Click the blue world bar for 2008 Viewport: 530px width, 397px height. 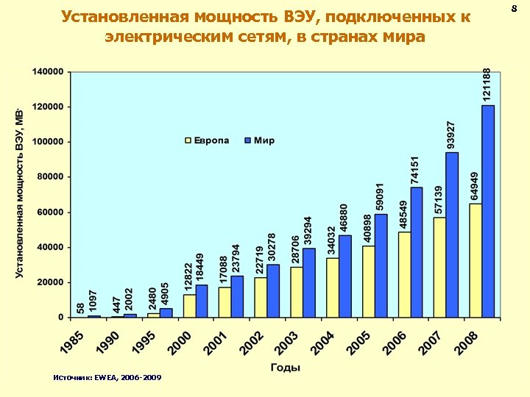488,211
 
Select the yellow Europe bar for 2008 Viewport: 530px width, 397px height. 476,260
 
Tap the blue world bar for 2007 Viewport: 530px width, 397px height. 452,235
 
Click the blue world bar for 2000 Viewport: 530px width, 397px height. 201,301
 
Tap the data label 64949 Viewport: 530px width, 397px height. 476,185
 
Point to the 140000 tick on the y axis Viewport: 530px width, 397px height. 46,72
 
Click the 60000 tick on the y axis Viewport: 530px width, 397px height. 49,212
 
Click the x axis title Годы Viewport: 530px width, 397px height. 285,367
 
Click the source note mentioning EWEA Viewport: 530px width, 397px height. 107,378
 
